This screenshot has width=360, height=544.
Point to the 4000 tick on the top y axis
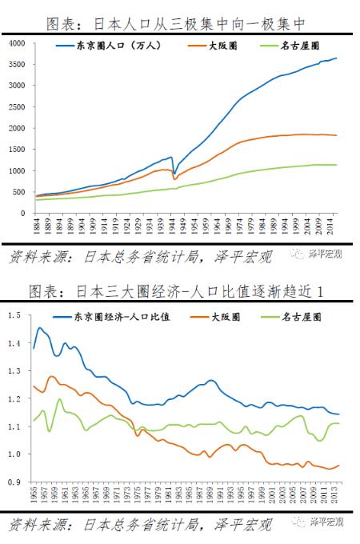(17, 42)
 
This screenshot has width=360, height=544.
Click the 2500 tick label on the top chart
(17, 106)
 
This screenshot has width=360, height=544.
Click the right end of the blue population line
(337, 58)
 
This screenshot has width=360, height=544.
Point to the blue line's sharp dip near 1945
(175, 170)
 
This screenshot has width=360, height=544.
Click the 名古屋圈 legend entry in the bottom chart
(300, 317)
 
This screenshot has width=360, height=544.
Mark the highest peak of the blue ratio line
(40, 328)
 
